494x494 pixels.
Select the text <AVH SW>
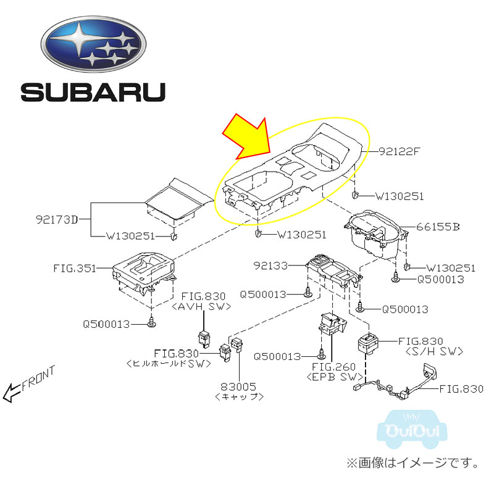[x=203, y=306]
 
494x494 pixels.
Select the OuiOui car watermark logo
[x=412, y=427]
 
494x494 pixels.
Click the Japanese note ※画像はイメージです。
[x=411, y=462]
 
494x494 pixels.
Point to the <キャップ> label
[x=240, y=397]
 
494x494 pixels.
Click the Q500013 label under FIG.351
[x=107, y=322]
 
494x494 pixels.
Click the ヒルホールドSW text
[x=168, y=364]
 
